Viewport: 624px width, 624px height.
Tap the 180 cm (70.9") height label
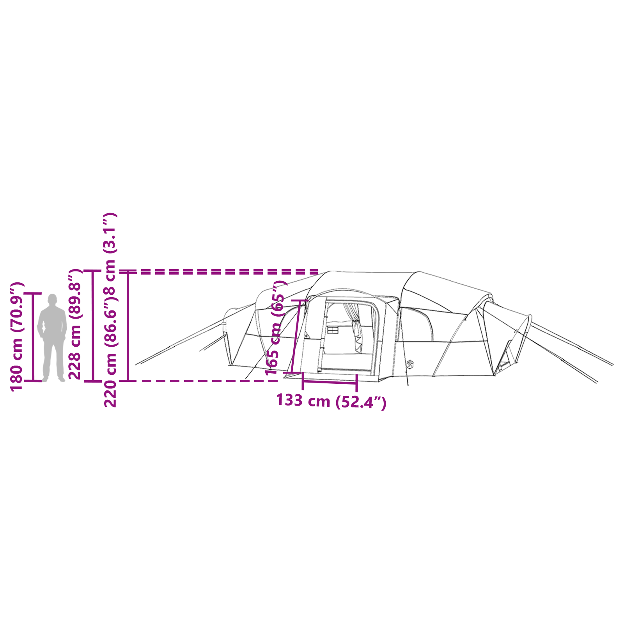coord(17,337)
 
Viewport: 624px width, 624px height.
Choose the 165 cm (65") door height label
coord(276,328)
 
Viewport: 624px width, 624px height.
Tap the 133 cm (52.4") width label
coord(331,401)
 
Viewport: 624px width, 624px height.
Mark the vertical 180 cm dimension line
coord(33,337)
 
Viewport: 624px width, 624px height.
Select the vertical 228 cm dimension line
coord(93,326)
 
